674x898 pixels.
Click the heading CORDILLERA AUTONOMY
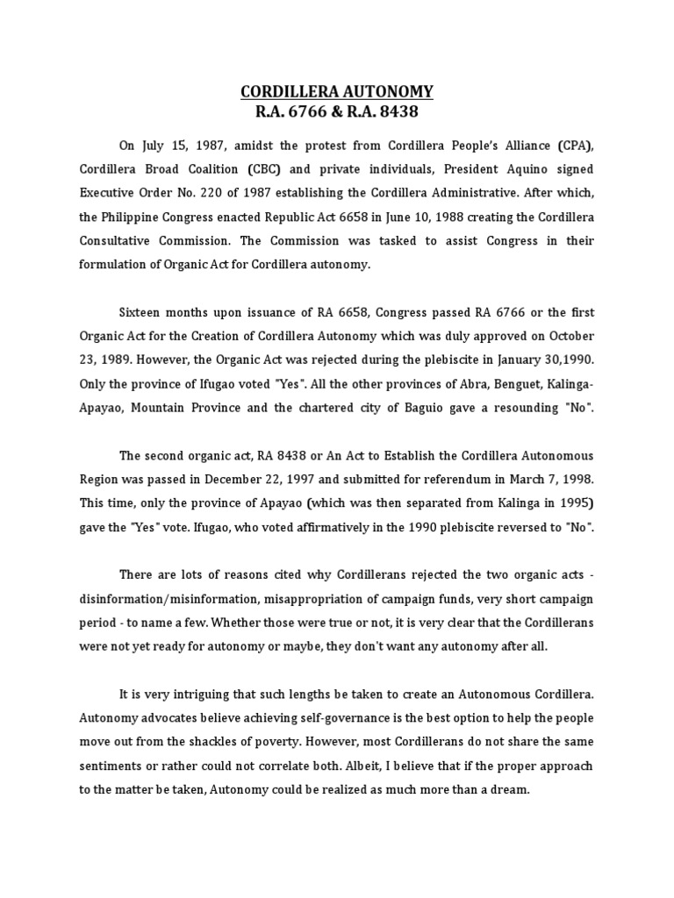coord(337,92)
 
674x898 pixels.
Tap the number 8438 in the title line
coord(395,112)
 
